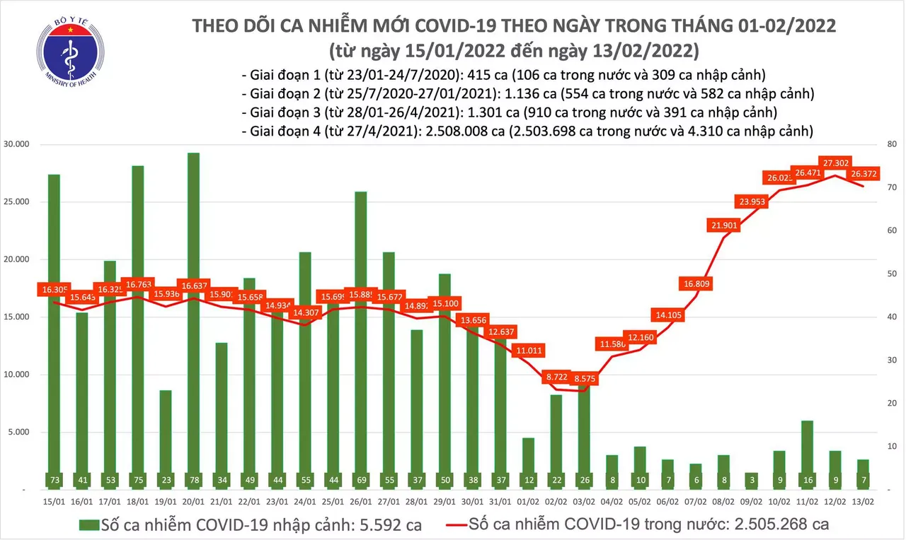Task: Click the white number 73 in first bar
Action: tap(54, 479)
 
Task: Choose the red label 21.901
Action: tap(724, 225)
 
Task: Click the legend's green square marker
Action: tap(90, 525)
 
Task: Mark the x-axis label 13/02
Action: tap(864, 502)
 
